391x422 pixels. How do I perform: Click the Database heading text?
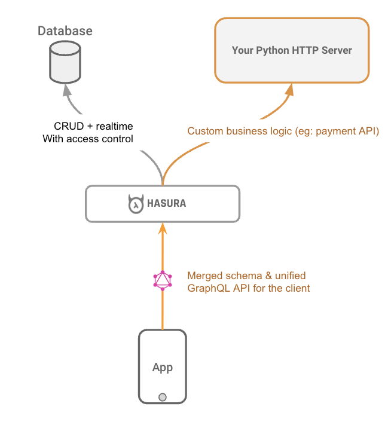(x=65, y=30)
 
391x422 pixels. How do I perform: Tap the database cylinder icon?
(x=65, y=63)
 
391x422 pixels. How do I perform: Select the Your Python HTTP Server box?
(x=292, y=50)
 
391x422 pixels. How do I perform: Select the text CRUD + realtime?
(x=94, y=126)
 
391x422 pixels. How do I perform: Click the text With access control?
(x=88, y=139)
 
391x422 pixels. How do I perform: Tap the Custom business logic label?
(x=239, y=131)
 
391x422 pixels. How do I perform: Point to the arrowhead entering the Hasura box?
(x=162, y=228)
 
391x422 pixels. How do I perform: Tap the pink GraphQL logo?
(x=162, y=280)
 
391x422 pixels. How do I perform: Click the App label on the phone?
(x=162, y=367)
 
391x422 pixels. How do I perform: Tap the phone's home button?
(x=162, y=397)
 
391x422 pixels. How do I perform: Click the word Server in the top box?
(x=336, y=50)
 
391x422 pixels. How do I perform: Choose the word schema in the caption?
(x=242, y=276)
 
